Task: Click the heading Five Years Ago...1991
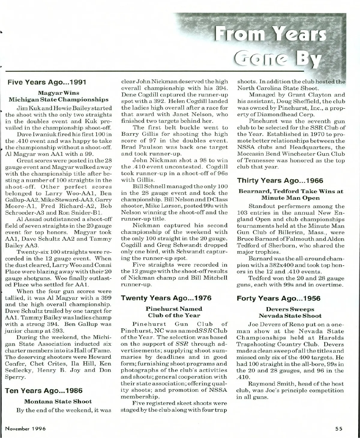point(47,82)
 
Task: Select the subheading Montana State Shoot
point(58,401)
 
